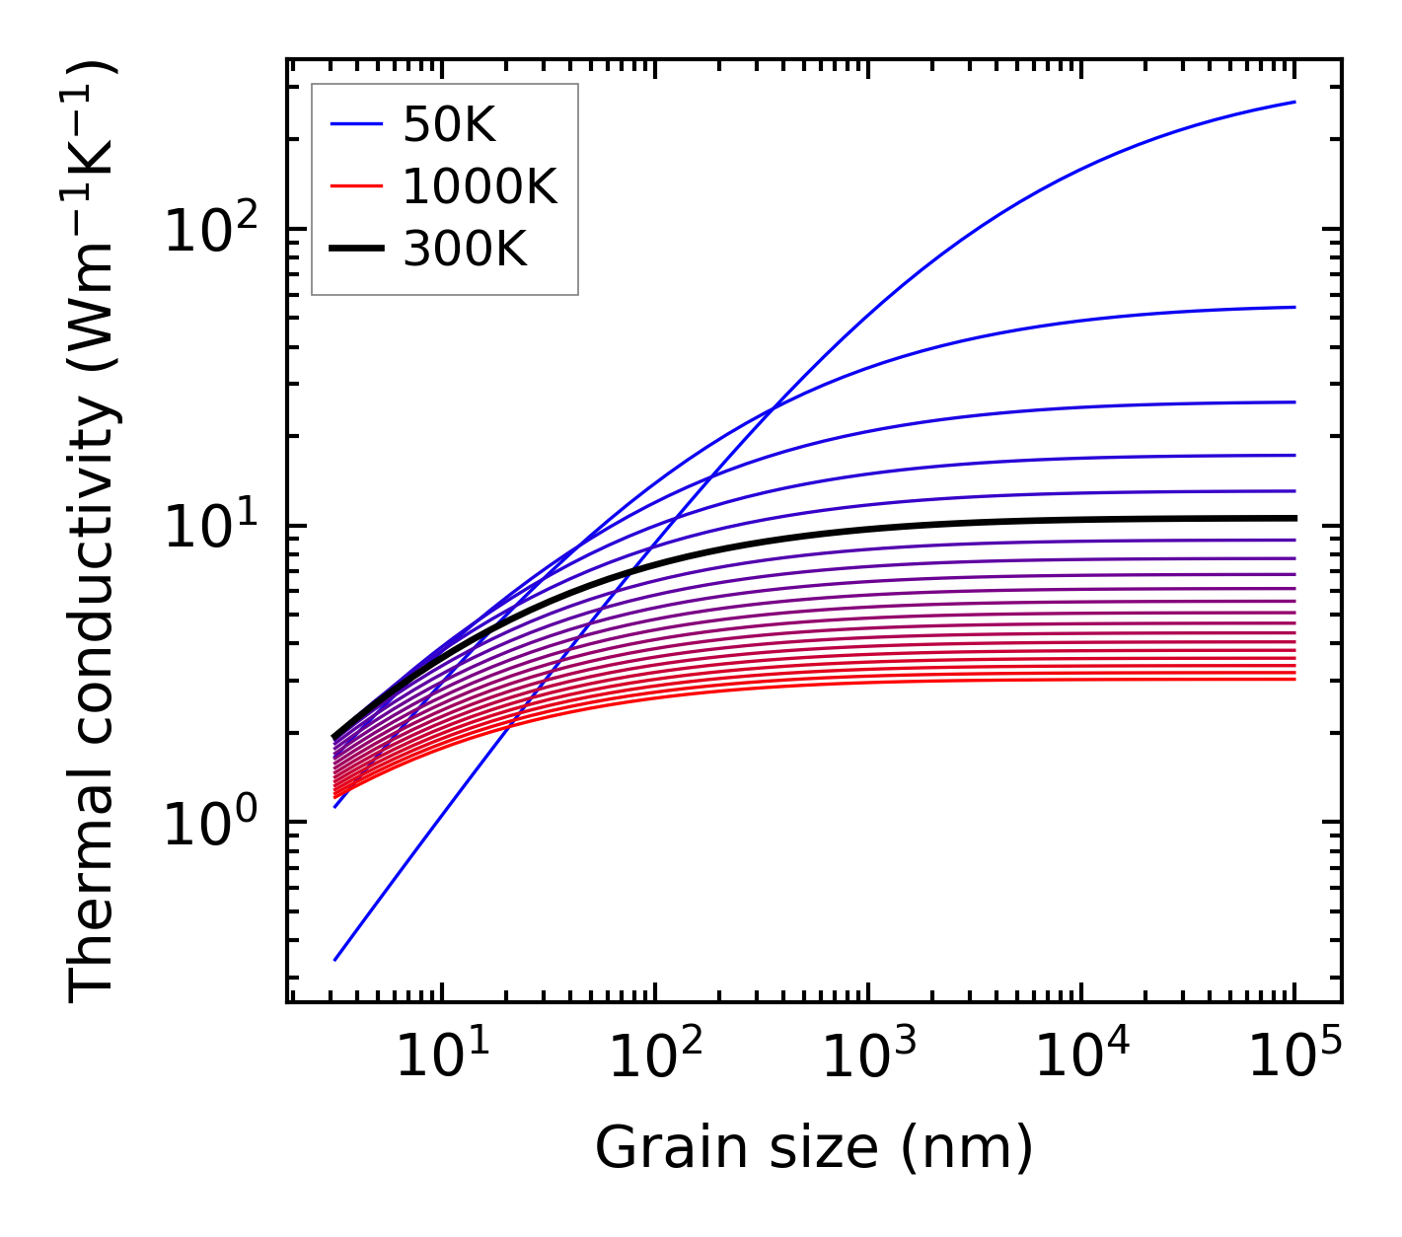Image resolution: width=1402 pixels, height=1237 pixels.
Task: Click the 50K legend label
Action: [449, 124]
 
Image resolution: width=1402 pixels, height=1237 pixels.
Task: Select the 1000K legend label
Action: [480, 186]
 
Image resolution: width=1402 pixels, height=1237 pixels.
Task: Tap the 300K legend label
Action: [465, 250]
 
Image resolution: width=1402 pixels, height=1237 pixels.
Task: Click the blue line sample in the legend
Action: [355, 124]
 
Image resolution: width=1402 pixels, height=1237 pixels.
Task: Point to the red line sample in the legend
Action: [355, 186]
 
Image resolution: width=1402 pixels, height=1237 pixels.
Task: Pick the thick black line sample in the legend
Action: [355, 250]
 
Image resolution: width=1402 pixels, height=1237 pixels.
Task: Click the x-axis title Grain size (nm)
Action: [814, 1147]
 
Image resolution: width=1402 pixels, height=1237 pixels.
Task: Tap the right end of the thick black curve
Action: [1294, 518]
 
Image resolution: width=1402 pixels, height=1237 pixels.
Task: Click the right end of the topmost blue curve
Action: [1294, 102]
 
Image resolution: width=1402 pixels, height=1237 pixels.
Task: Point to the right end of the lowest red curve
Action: [1294, 679]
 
